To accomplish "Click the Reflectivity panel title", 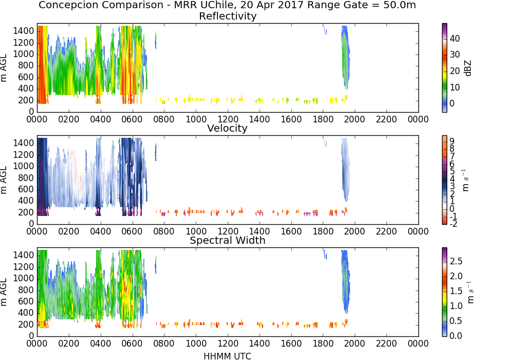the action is tap(228, 16).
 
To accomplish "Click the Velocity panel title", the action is tap(227, 128).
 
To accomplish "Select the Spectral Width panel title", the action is tap(228, 240).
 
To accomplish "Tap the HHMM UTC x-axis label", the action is tap(227, 356).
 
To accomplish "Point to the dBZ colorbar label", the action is tap(468, 68).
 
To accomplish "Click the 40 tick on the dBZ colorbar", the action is tap(455, 39).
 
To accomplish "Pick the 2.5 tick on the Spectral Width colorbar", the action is tap(456, 261).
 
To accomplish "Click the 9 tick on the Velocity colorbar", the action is tap(452, 141).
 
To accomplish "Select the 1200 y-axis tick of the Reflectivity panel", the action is tap(24, 43).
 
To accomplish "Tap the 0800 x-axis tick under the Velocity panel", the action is tap(164, 231).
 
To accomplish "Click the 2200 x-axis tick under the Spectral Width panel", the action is tap(387, 344).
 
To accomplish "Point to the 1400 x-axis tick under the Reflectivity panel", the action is tap(259, 119).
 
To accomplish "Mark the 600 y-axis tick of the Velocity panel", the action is tap(26, 189).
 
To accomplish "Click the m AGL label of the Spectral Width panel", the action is tap(4, 292).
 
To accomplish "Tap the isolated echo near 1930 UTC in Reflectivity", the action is tap(345, 58).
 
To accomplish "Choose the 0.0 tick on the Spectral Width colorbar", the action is tap(456, 336).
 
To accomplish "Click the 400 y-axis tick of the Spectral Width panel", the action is tap(26, 313).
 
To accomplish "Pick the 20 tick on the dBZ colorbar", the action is tap(455, 71).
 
